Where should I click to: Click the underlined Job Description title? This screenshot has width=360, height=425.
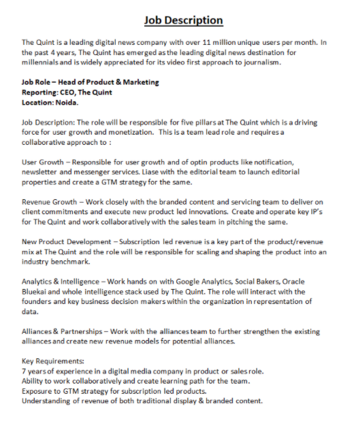(x=183, y=20)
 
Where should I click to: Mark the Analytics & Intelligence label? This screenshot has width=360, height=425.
(x=67, y=282)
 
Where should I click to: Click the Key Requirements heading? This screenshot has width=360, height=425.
(x=53, y=361)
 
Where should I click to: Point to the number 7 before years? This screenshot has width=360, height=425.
(x=24, y=371)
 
